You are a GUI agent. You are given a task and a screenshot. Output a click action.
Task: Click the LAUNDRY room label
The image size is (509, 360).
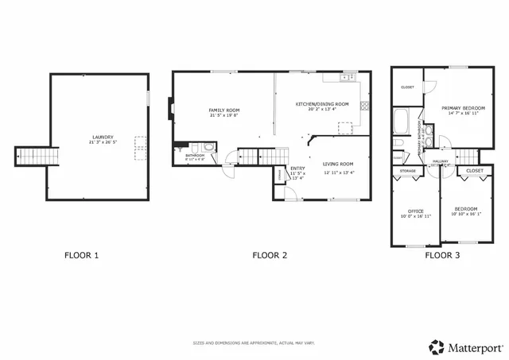click(102, 137)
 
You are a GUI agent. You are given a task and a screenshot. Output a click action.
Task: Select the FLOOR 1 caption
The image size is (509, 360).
click(82, 256)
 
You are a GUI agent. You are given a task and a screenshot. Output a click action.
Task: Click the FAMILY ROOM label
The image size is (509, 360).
click(223, 110)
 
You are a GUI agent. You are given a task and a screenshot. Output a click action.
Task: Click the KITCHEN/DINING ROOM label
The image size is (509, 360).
click(322, 104)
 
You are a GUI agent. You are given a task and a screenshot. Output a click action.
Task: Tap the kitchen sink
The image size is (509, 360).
click(344, 78)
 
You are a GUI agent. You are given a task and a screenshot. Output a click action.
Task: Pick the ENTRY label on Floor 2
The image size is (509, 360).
click(297, 168)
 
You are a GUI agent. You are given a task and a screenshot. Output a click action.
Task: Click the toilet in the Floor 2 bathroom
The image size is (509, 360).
click(208, 147)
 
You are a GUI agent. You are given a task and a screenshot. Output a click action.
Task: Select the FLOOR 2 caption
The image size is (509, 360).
click(270, 256)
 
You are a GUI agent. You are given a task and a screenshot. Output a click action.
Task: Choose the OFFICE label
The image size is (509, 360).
click(416, 211)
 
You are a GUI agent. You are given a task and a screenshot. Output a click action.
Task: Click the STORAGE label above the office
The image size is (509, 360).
click(408, 171)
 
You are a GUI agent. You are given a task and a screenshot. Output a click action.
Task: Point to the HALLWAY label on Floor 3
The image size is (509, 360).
click(441, 161)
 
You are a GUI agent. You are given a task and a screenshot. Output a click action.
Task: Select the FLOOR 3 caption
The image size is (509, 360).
click(441, 256)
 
